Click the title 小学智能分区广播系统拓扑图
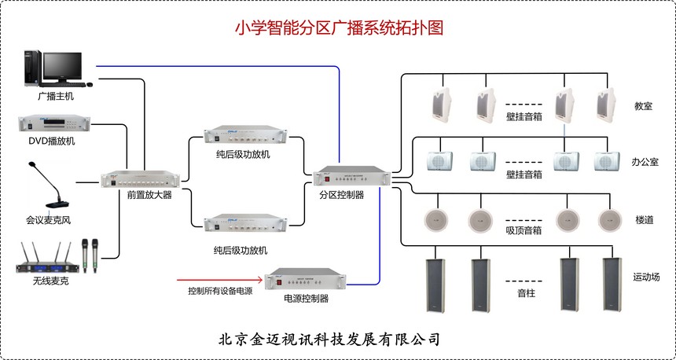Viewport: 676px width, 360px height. click(x=339, y=29)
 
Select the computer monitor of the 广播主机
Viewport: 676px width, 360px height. click(x=62, y=67)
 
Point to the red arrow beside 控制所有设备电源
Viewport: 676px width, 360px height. click(x=221, y=278)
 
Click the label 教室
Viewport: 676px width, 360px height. click(x=643, y=106)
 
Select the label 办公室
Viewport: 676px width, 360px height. click(x=645, y=161)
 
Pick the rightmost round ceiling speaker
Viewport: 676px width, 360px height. click(x=609, y=219)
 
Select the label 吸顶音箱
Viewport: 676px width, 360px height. click(x=524, y=231)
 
